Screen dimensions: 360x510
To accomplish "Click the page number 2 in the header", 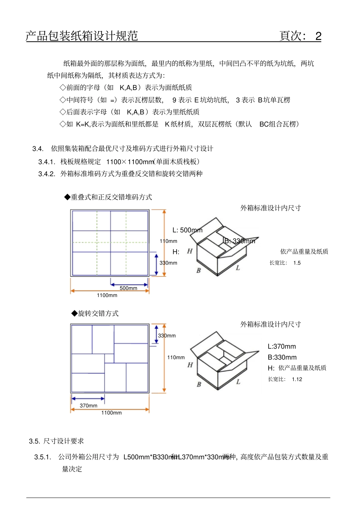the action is point(318,36).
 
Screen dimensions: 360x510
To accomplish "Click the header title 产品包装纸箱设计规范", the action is point(82,36).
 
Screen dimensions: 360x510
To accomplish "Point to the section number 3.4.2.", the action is point(47,174).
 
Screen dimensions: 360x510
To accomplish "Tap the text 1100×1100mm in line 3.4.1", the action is point(130,162).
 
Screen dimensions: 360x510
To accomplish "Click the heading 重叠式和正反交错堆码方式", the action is point(111,197).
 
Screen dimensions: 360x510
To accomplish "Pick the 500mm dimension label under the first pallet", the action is point(128,288).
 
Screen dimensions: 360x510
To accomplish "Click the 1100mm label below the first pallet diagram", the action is point(107,295).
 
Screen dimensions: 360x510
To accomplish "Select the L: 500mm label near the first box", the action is point(187,230).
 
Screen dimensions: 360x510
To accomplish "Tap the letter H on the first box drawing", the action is point(190,251).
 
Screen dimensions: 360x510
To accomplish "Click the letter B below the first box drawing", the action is point(199,271).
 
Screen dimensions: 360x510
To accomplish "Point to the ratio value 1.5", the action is point(297,263).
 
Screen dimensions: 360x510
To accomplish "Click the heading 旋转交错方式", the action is point(98,313).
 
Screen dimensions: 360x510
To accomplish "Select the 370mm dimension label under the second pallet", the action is point(88,406).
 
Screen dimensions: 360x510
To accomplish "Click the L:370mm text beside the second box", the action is point(282,346).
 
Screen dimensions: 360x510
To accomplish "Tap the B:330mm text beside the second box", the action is point(282,357).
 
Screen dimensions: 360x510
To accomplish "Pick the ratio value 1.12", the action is point(297,379).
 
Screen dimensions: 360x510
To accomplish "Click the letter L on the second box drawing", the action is point(238,382).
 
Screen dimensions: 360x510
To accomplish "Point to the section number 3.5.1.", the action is point(42,457).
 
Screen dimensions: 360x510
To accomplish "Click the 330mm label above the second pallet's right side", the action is point(167,336).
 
